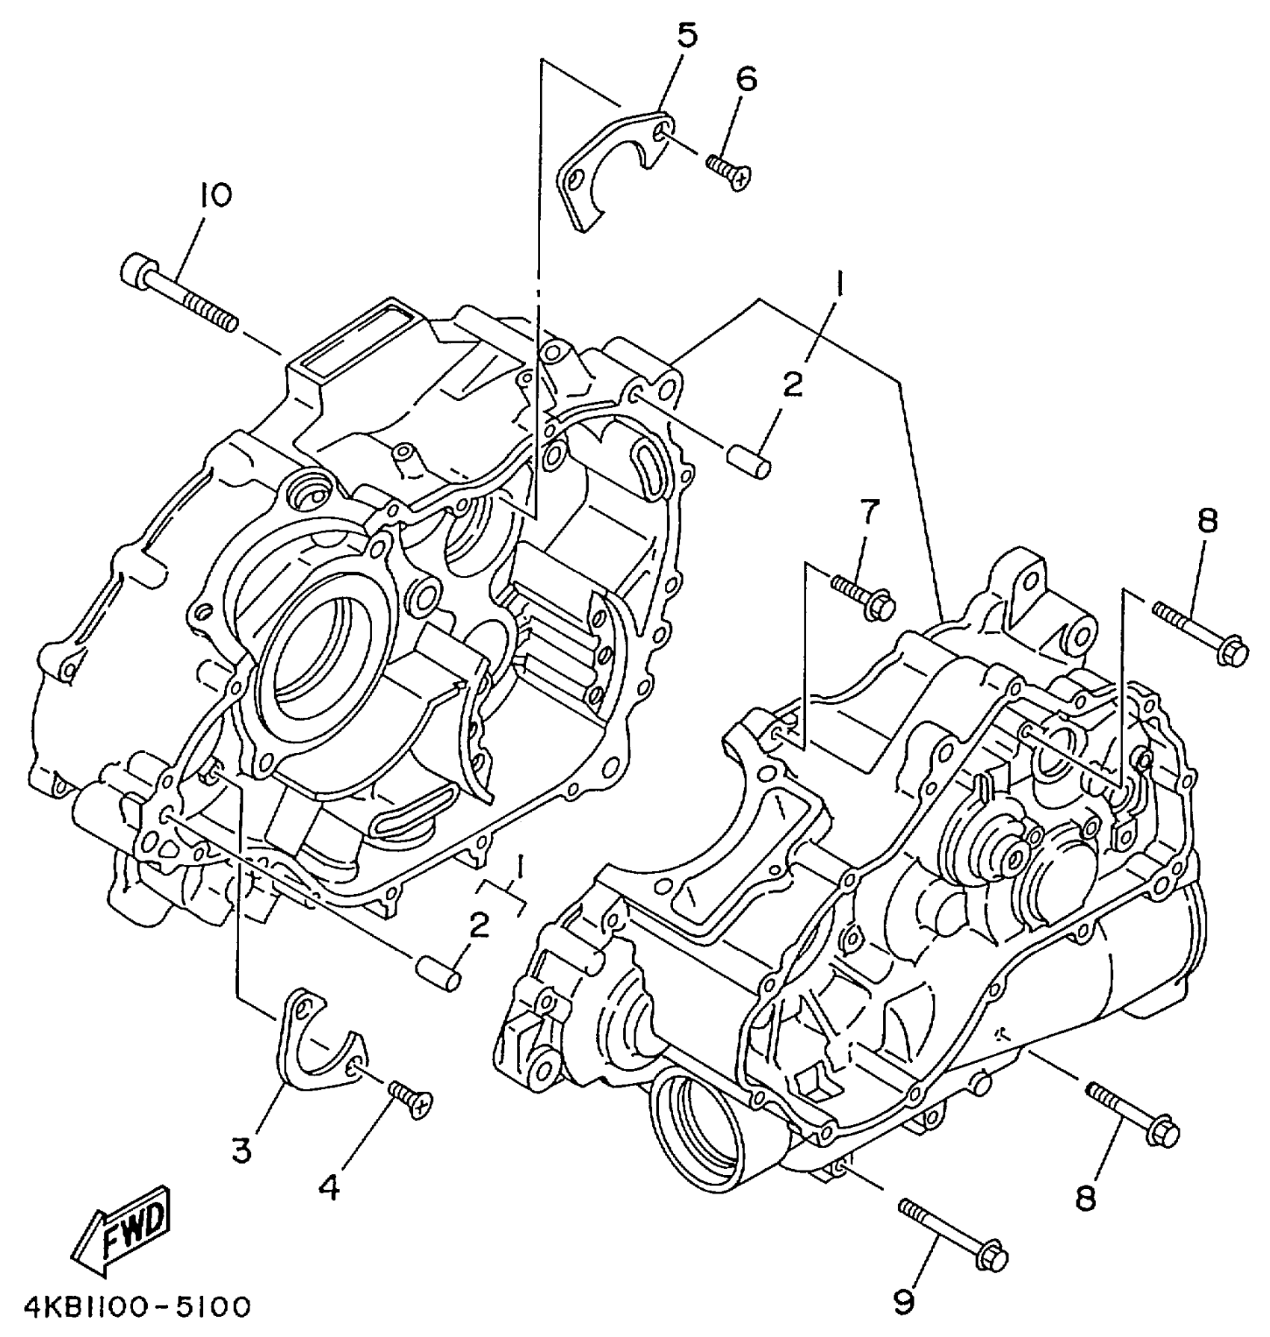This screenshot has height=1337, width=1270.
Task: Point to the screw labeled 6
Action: pyautogui.click(x=728, y=170)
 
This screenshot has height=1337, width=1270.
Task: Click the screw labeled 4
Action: pyautogui.click(x=409, y=1100)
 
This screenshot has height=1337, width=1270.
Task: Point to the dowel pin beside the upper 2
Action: pyautogui.click(x=749, y=463)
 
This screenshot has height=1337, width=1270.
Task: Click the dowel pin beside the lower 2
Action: pyautogui.click(x=439, y=972)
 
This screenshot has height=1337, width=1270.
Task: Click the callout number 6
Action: pyautogui.click(x=746, y=78)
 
